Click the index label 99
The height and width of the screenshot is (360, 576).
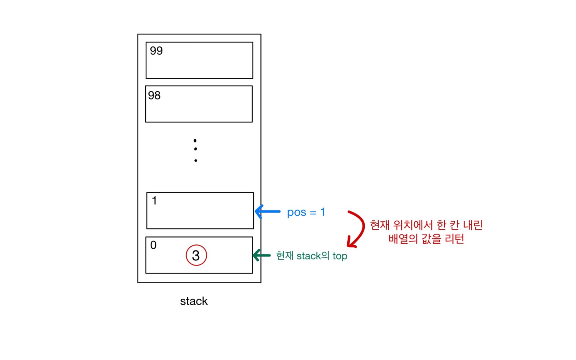tap(156, 51)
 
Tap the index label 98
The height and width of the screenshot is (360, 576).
tap(154, 95)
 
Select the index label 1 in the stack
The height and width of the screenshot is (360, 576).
tap(154, 200)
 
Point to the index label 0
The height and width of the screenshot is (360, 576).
tap(153, 245)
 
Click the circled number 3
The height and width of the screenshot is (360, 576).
tap(196, 256)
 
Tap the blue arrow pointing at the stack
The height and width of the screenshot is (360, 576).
tap(267, 212)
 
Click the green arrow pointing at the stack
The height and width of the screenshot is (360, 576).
tap(262, 255)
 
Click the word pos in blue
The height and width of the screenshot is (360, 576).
tap(296, 212)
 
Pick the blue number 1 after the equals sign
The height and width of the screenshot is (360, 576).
tap(322, 212)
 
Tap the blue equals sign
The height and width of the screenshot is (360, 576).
tap(313, 213)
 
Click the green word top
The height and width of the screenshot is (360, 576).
tap(340, 256)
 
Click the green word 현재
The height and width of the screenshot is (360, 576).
tap(285, 256)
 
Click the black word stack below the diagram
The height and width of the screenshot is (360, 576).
tap(194, 301)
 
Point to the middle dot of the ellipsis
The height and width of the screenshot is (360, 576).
tap(195, 149)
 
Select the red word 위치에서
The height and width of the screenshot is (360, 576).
tap(412, 225)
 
